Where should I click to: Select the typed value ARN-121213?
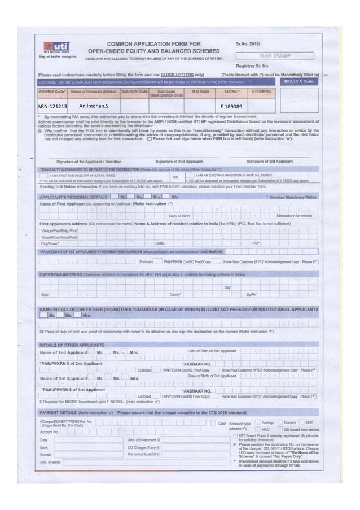(x=52, y=106)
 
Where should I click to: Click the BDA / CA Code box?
(x=301, y=81)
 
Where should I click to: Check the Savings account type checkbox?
(x=257, y=422)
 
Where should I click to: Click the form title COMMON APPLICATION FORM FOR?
(x=148, y=43)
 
